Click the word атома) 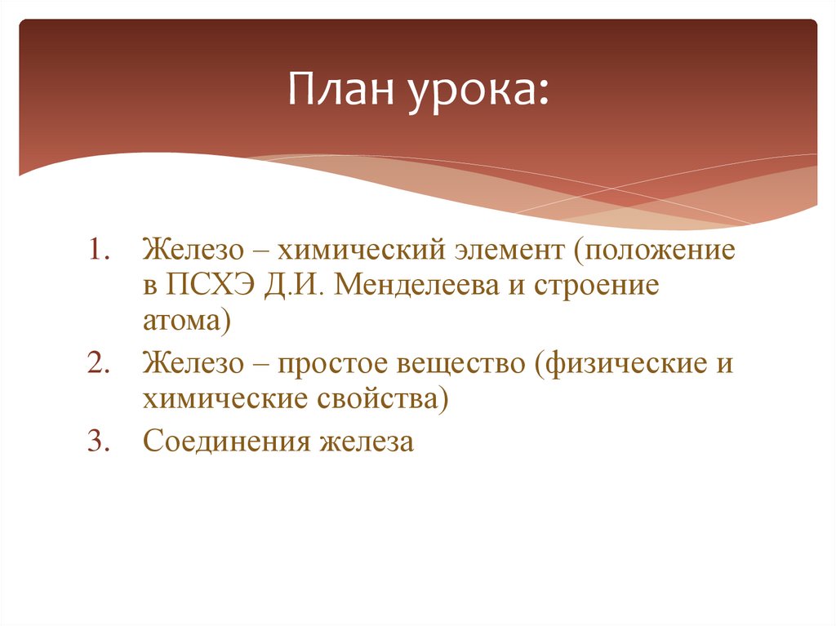pos(187,320)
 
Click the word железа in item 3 pos(367,442)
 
